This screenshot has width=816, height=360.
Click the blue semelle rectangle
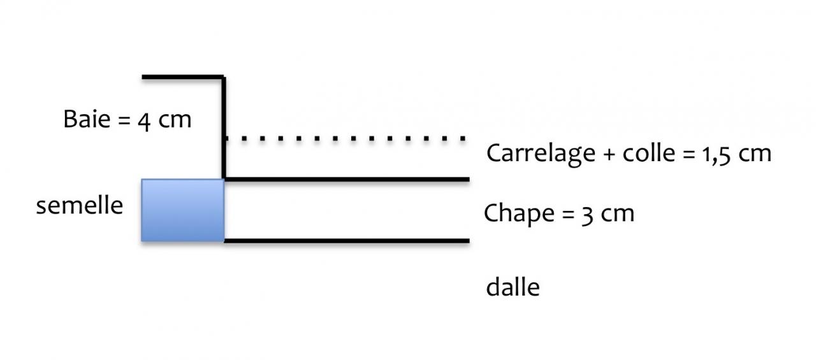pyautogui.click(x=182, y=210)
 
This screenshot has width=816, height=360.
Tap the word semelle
pyautogui.click(x=79, y=206)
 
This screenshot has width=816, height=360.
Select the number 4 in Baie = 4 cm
pyautogui.click(x=145, y=120)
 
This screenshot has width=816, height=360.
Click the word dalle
pyautogui.click(x=513, y=287)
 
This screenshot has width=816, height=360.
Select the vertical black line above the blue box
pyautogui.click(x=224, y=127)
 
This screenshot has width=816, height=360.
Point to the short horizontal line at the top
pyautogui.click(x=182, y=77)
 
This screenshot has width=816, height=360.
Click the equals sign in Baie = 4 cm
pyautogui.click(x=124, y=120)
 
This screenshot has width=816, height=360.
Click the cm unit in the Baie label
pyautogui.click(x=174, y=120)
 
